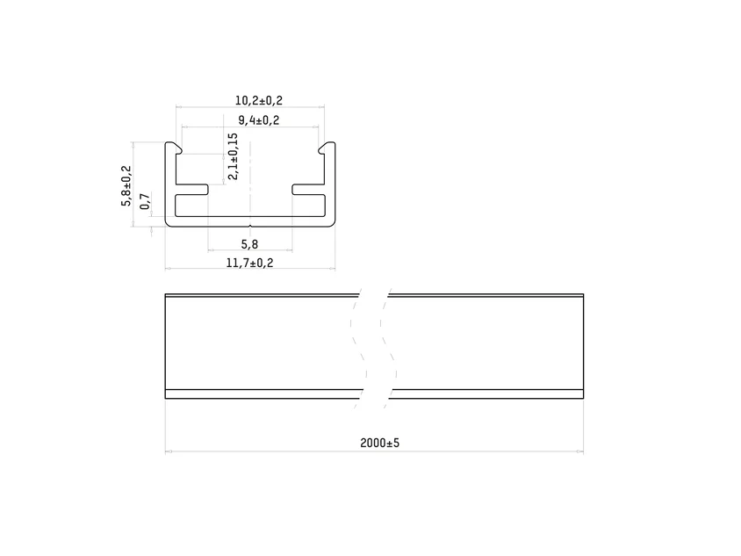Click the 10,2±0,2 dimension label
[x=258, y=100]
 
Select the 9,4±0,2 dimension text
[x=258, y=120]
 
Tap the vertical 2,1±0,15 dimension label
[x=233, y=156]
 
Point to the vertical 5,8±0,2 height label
[x=126, y=185]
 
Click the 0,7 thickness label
[x=145, y=201]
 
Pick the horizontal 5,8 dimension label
[x=249, y=244]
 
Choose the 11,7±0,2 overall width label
[x=249, y=263]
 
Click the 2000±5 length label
[x=379, y=443]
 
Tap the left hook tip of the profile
[x=180, y=150]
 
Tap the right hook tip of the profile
[x=320, y=150]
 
